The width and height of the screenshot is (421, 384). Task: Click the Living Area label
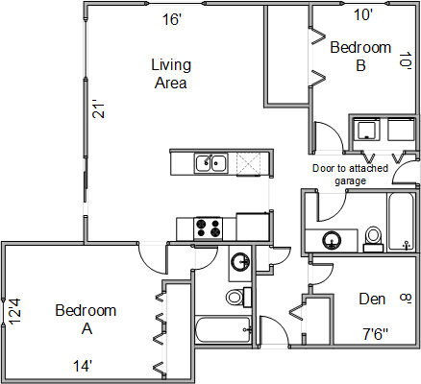(x=171, y=74)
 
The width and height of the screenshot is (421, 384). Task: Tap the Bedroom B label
(x=360, y=57)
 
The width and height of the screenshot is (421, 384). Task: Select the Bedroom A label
(x=86, y=320)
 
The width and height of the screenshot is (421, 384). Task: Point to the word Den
(x=372, y=299)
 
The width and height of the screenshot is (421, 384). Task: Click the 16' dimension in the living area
(x=172, y=19)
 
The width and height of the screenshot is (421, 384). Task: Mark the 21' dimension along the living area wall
(x=99, y=110)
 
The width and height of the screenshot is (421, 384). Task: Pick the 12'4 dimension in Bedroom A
(x=14, y=311)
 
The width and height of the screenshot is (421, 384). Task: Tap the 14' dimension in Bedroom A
(x=83, y=366)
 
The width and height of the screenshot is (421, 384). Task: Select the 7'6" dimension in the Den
(x=376, y=335)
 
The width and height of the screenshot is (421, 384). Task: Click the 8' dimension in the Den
(x=406, y=299)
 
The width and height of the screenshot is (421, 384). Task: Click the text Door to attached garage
(x=350, y=175)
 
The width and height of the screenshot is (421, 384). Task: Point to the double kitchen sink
(x=211, y=163)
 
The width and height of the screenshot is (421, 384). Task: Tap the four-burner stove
(x=208, y=228)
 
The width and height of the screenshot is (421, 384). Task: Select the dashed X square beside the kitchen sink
(x=249, y=164)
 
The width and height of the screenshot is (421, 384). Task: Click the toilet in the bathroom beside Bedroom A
(x=238, y=297)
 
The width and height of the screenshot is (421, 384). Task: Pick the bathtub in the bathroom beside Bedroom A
(x=223, y=329)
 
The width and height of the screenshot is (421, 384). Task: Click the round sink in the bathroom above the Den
(x=332, y=240)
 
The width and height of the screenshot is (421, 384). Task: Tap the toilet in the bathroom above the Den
(x=373, y=239)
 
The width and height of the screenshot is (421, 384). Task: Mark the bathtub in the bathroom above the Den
(x=401, y=222)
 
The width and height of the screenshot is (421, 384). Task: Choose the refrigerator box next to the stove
(x=253, y=227)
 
